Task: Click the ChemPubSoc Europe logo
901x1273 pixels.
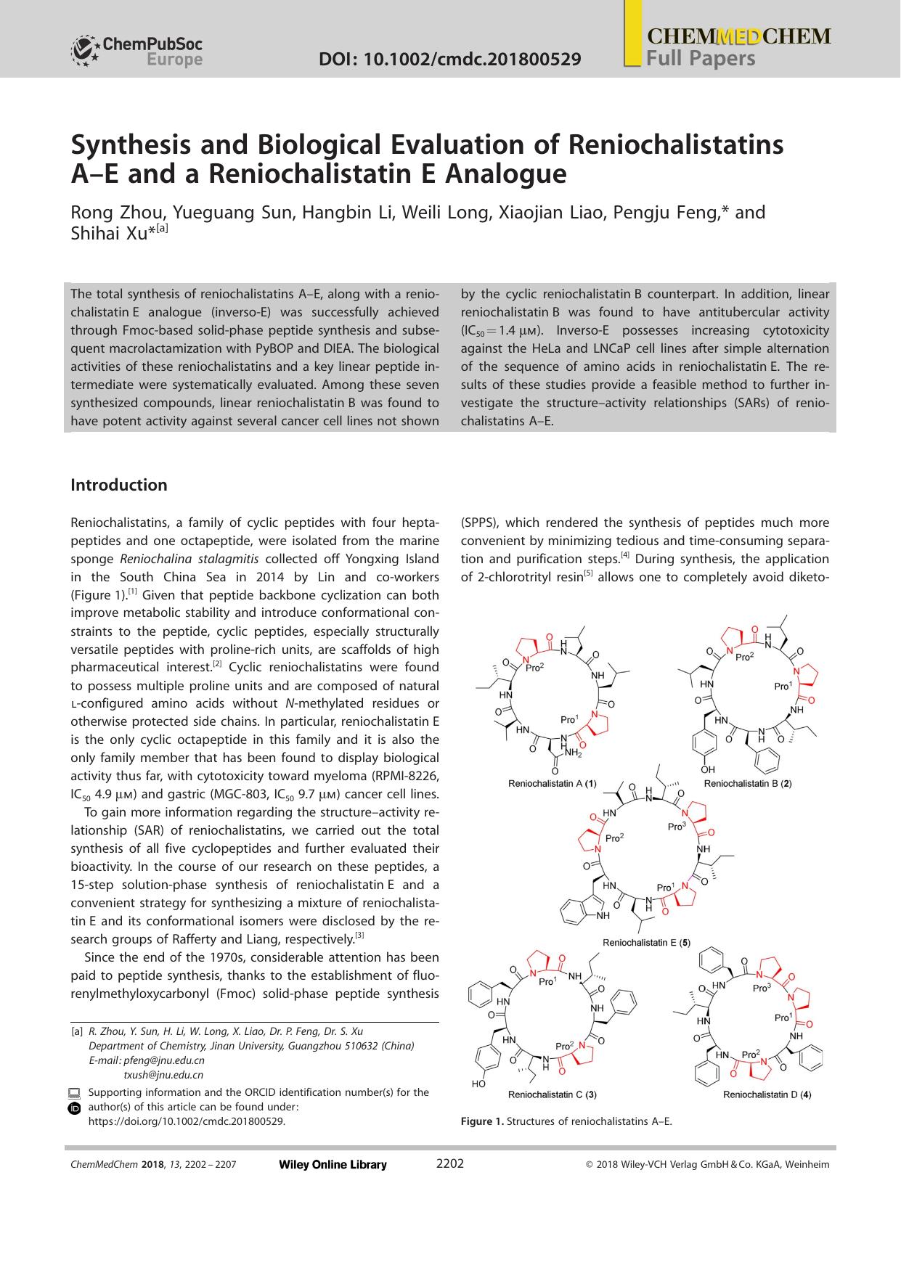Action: pyautogui.click(x=136, y=51)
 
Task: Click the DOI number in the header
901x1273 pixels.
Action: pyautogui.click(x=449, y=59)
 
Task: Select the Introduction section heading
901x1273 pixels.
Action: pyautogui.click(x=118, y=485)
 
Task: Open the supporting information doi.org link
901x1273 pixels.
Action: pyautogui.click(x=187, y=1121)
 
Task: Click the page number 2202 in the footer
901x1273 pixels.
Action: pyautogui.click(x=449, y=1163)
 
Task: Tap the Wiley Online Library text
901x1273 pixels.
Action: pyautogui.click(x=333, y=1164)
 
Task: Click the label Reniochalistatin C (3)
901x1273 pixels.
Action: pyautogui.click(x=553, y=1094)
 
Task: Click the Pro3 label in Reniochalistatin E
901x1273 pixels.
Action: pyautogui.click(x=676, y=827)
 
